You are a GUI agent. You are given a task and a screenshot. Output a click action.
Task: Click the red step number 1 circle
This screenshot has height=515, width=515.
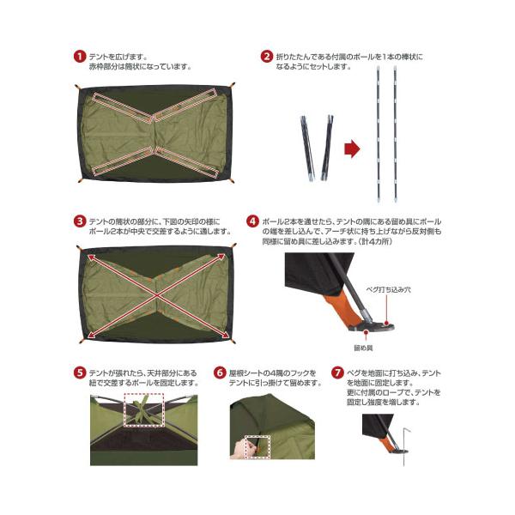pos(80,56)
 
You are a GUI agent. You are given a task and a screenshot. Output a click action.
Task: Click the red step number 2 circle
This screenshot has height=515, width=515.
pos(266,56)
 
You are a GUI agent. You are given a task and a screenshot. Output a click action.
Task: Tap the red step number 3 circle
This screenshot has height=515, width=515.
pos(80,221)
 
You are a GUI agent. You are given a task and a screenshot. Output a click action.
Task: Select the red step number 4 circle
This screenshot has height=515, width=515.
pos(252,221)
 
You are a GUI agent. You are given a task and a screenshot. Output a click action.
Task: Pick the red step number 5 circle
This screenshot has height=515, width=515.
pos(80,373)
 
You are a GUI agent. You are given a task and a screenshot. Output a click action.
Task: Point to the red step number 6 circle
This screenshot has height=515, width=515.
pos(220,373)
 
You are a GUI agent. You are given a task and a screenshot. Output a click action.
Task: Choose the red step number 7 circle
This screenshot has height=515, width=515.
pos(337,373)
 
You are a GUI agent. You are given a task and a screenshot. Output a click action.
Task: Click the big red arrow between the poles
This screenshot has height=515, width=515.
pos(352,148)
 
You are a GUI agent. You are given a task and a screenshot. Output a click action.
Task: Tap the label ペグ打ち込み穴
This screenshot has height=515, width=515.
pos(388,290)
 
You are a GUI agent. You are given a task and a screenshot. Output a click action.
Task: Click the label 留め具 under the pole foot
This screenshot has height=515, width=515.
pos(363,348)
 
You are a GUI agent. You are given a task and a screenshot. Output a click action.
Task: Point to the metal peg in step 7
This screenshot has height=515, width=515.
pos(405,446)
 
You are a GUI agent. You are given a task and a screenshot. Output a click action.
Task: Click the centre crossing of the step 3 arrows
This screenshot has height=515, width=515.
pos(157,295)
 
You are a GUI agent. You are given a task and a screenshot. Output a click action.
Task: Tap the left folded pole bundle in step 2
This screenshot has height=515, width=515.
pos(307,148)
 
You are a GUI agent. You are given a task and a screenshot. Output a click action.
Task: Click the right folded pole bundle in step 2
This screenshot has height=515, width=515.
pos(327,148)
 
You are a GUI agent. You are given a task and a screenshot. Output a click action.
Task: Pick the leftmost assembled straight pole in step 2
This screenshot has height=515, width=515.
pos(379,134)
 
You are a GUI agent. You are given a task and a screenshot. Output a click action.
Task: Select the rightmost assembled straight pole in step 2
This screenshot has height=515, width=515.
pos(395,134)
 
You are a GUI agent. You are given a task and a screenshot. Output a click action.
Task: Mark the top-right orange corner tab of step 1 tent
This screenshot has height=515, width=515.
pos(233,85)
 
